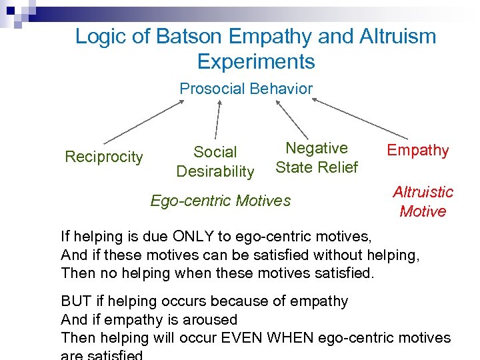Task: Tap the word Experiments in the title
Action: point(256,62)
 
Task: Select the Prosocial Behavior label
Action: point(246,89)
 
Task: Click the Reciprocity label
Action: point(103,157)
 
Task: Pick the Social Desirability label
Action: point(215,162)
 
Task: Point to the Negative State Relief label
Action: point(317,157)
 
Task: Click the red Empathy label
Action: point(418,151)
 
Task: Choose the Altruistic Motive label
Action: point(423,201)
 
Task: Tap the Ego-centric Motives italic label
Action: point(221,200)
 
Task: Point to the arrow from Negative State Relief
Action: point(291,119)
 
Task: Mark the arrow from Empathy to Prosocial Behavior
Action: point(360,119)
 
